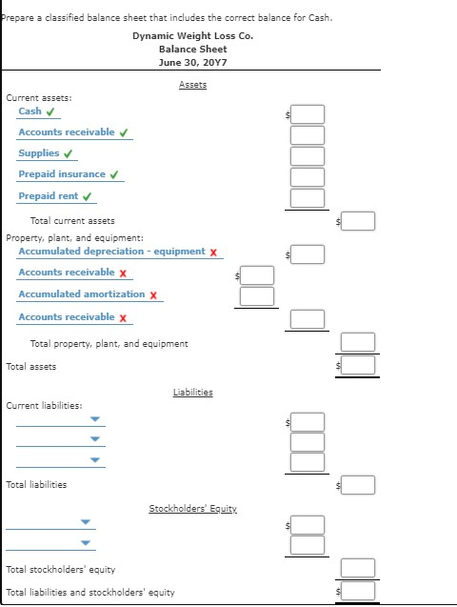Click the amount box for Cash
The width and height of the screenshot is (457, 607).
[x=308, y=114]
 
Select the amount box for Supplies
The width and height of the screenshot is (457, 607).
[x=308, y=156]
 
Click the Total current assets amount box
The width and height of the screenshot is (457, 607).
[x=358, y=221]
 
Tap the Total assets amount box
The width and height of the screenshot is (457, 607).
[x=358, y=365]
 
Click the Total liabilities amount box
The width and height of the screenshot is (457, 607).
[x=358, y=485]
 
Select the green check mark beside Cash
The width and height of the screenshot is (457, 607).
[x=50, y=111]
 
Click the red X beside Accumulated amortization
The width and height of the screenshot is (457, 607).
[x=153, y=295]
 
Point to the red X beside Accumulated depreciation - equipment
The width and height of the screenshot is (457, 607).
[x=213, y=253]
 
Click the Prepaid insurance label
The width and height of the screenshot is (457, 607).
[x=62, y=174]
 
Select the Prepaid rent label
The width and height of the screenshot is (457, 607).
[x=49, y=196]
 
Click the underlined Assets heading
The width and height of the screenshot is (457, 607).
[x=193, y=85]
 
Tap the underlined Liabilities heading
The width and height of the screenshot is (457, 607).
[x=193, y=393]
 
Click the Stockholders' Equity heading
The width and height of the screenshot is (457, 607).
[x=193, y=508]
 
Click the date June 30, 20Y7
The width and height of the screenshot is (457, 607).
[x=193, y=62]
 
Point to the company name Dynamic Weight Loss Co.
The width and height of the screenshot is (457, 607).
[x=193, y=35]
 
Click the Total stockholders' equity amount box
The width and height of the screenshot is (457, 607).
[x=358, y=568]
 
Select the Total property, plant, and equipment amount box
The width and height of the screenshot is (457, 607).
[x=358, y=342]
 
